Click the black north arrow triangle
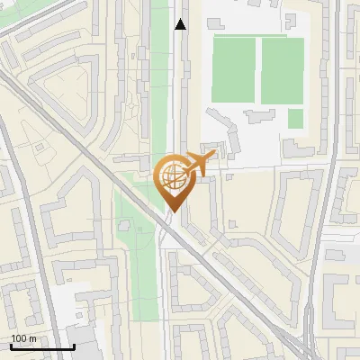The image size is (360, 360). click(181, 24)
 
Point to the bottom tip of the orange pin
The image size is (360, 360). click(172, 211)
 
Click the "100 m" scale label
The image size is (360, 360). click(23, 338)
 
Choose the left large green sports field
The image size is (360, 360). click(234, 70)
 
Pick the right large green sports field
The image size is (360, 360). click(283, 70)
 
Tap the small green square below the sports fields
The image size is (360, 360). click(295, 118)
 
